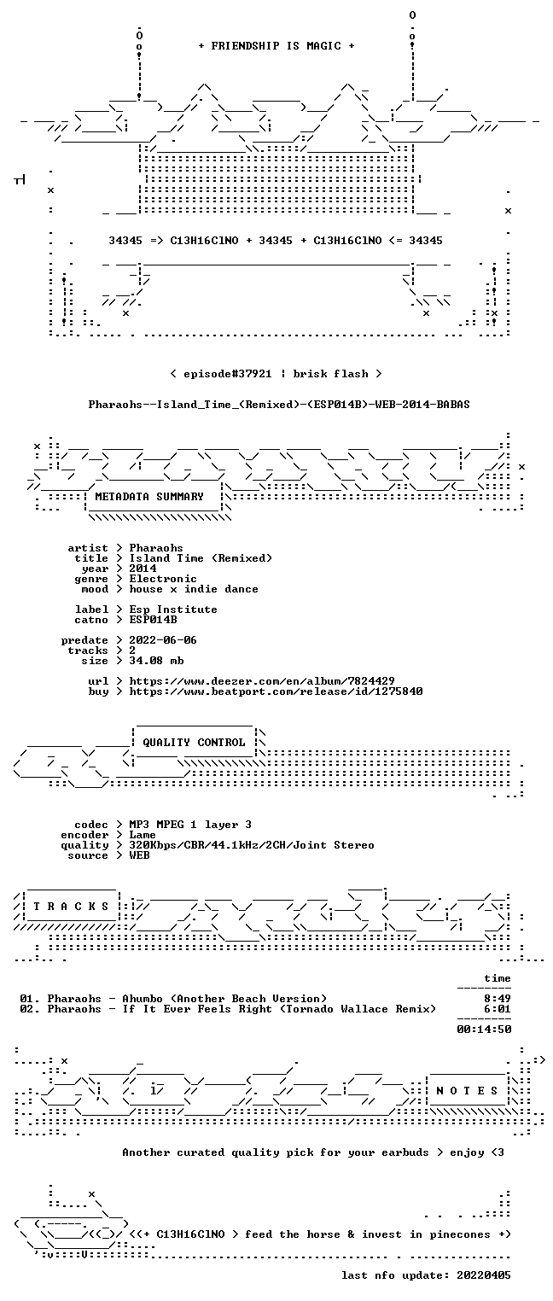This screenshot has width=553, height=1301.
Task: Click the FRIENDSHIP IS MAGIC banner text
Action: (276, 46)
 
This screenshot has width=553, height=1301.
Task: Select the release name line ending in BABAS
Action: (279, 405)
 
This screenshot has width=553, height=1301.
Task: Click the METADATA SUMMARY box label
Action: (149, 497)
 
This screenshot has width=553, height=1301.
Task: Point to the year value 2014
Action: (143, 569)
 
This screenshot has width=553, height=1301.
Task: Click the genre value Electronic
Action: (163, 579)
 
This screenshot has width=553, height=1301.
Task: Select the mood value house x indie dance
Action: (194, 589)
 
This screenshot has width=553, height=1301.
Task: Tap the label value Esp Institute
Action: (173, 610)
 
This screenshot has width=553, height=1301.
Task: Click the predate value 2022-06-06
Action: (163, 640)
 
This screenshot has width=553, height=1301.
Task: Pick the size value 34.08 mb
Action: (156, 661)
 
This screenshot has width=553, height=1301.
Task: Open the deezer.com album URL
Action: (262, 680)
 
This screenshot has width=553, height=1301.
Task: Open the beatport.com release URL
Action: (276, 691)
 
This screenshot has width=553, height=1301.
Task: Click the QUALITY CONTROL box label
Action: (194, 742)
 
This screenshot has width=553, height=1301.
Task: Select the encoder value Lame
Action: (143, 835)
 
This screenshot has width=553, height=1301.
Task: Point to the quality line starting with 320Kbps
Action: (252, 845)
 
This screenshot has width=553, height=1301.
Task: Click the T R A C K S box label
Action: (72, 907)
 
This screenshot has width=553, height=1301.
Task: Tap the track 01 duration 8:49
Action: (498, 999)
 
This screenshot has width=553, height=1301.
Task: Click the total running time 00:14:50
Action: (484, 1030)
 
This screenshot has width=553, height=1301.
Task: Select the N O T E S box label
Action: (467, 1091)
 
